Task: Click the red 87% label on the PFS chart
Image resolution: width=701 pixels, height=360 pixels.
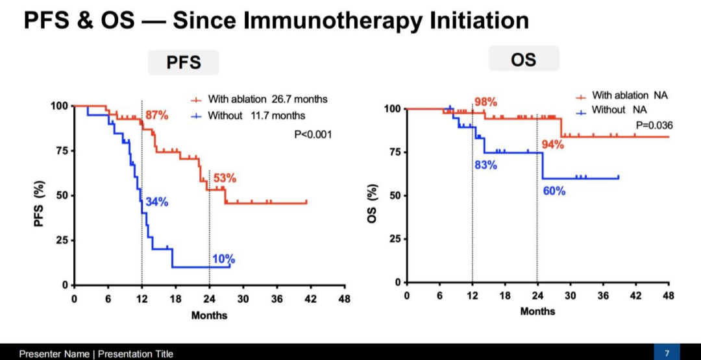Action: point(156,115)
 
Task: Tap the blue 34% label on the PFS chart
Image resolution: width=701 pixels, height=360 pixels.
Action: point(156,202)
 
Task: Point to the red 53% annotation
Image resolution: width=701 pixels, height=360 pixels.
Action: point(225,178)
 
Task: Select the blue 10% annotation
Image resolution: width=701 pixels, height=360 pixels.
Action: point(223,259)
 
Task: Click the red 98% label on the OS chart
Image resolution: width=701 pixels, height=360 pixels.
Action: point(486,102)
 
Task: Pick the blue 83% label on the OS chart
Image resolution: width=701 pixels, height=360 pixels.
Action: point(486,165)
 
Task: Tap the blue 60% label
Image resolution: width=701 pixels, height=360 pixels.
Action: point(554,191)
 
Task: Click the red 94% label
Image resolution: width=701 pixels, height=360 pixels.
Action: point(552,145)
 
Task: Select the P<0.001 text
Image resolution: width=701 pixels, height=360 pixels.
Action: point(313,134)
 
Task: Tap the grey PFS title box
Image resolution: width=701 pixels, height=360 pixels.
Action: point(183,62)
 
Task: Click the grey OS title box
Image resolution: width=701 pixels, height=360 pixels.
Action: point(524,59)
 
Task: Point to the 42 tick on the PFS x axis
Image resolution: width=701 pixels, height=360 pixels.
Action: point(310,298)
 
